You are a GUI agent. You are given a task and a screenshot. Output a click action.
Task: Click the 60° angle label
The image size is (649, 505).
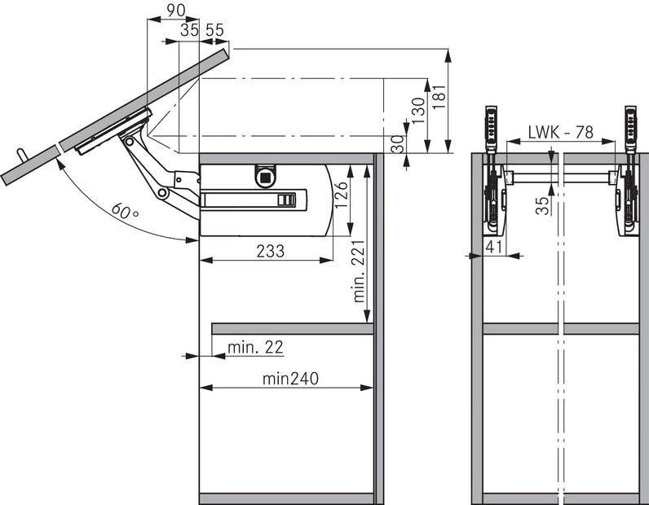click(x=125, y=211)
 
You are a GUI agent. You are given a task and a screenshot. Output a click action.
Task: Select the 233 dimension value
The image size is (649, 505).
click(x=270, y=251)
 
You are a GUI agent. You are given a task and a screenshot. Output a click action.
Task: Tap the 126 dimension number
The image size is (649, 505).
click(x=342, y=195)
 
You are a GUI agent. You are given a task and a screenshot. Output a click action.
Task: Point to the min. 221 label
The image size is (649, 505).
click(x=359, y=271)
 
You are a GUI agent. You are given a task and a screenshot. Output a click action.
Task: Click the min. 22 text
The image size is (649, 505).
click(x=255, y=347)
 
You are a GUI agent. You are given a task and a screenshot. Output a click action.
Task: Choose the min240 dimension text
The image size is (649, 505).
click(x=290, y=378)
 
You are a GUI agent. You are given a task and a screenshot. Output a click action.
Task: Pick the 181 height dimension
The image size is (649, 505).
click(x=439, y=97)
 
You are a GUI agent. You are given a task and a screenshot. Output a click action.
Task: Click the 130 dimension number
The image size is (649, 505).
click(x=418, y=111)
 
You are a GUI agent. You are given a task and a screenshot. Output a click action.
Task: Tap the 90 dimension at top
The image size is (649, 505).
click(x=175, y=11)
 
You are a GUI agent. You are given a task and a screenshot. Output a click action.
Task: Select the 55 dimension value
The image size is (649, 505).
click(x=214, y=30)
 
